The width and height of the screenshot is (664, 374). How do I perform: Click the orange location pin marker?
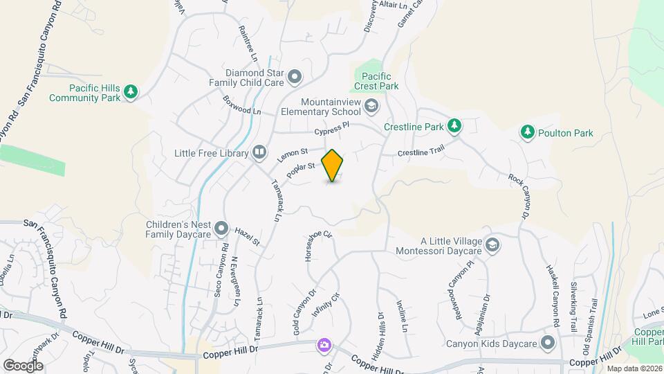coord(333,166)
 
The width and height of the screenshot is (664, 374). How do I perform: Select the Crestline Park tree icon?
coord(454,125)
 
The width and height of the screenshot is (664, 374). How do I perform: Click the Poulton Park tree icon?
coord(528,132)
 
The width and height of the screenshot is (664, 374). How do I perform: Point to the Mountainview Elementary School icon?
coord(371,105)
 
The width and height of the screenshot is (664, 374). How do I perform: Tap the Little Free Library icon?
coord(259,151)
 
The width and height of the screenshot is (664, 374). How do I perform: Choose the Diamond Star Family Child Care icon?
coord(295,76)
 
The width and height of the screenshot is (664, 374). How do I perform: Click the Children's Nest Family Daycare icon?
coord(221,227)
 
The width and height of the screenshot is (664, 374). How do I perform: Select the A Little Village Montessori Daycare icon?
coord(492,244)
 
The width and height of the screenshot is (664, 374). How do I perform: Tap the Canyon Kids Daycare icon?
coord(548,343)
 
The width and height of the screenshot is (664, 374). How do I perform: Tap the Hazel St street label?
coord(246,237)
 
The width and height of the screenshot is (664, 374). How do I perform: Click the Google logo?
coord(23,365)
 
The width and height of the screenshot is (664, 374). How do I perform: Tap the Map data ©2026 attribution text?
coord(634,368)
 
